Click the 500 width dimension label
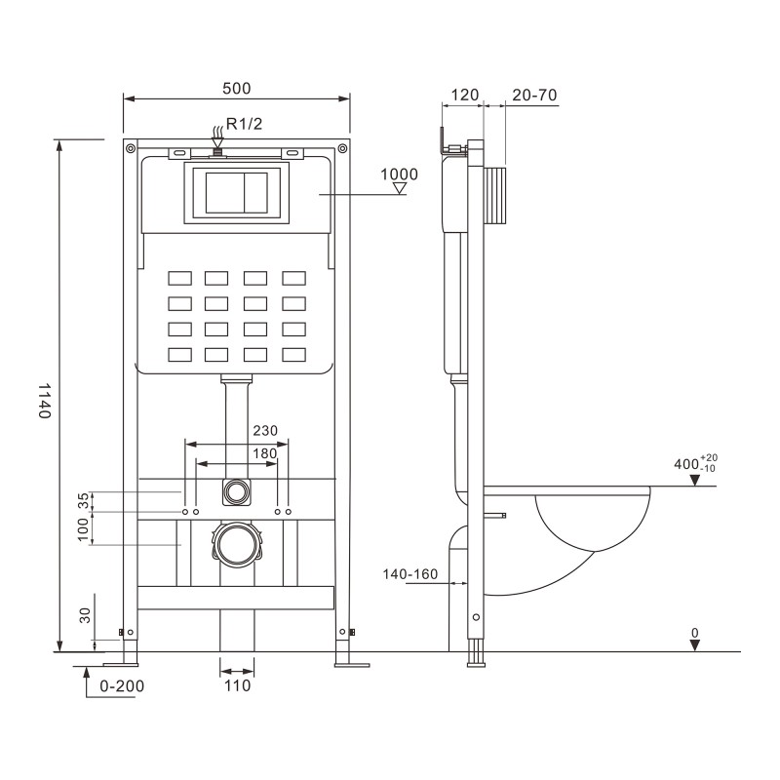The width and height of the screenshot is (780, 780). pos(236,89)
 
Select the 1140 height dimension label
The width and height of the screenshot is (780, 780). pos(45,401)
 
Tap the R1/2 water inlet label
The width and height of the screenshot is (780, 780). pos(244,124)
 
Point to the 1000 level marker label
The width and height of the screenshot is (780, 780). pos(399,175)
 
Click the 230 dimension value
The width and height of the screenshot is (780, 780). pos(265,430)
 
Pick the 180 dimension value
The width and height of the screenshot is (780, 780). pos(264,453)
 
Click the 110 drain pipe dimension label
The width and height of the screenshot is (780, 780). pos(237,686)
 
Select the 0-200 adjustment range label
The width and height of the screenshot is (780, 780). pos(122,686)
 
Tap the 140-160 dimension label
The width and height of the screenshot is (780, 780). pos(409,574)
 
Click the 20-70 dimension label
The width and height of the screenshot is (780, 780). pos(534,95)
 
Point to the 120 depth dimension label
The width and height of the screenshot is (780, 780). pos(465,95)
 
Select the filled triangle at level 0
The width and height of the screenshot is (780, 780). pos(695,645)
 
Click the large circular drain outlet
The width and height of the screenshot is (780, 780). pos(237,545)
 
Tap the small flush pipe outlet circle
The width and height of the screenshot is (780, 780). pos(237,492)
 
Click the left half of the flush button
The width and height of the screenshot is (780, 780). pos(224,193)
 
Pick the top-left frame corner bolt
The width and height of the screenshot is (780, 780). pos(131,148)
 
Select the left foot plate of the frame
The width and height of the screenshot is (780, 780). pos(120,664)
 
